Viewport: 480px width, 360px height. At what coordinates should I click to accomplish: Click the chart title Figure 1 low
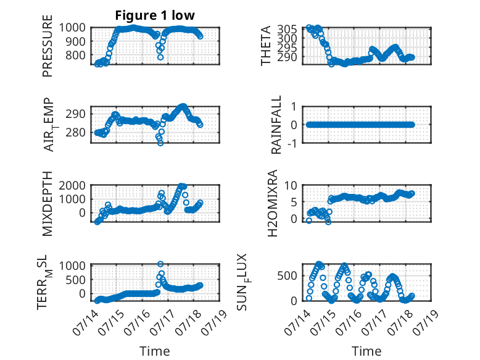pyautogui.click(x=155, y=15)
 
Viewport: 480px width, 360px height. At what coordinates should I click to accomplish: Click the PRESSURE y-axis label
pyautogui.click(x=48, y=46)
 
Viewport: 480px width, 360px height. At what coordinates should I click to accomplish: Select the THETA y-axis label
pyautogui.click(x=266, y=46)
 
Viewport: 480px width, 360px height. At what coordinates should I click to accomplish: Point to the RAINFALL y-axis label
pyautogui.click(x=276, y=124)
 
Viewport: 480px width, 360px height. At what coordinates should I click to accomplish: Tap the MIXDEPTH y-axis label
pyautogui.click(x=48, y=204)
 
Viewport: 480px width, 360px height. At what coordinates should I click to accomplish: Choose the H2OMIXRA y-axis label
pyautogui.click(x=272, y=203)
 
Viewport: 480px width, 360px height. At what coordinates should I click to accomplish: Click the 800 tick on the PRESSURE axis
pyautogui.click(x=76, y=56)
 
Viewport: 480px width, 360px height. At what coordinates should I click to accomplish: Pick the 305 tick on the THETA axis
pyautogui.click(x=287, y=30)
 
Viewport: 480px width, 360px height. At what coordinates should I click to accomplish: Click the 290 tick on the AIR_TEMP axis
pyautogui.click(x=76, y=114)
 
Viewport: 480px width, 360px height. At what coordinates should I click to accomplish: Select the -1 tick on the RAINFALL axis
pyautogui.click(x=292, y=143)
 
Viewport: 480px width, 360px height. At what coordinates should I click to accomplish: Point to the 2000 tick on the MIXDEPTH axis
pyautogui.click(x=72, y=185)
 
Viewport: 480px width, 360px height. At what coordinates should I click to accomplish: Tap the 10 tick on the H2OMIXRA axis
pyautogui.click(x=291, y=185)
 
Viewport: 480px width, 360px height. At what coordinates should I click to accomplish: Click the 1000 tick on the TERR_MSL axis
pyautogui.click(x=72, y=266)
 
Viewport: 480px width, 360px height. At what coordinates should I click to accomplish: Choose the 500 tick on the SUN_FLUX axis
pyautogui.click(x=287, y=276)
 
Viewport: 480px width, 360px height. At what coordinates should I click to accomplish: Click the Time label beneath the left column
pyautogui.click(x=155, y=351)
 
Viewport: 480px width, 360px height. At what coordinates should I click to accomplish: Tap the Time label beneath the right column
pyautogui.click(x=366, y=351)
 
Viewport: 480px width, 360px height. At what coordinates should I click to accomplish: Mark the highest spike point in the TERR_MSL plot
pyautogui.click(x=160, y=264)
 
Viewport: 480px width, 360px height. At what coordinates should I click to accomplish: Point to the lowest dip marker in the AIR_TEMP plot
pyautogui.click(x=160, y=143)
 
